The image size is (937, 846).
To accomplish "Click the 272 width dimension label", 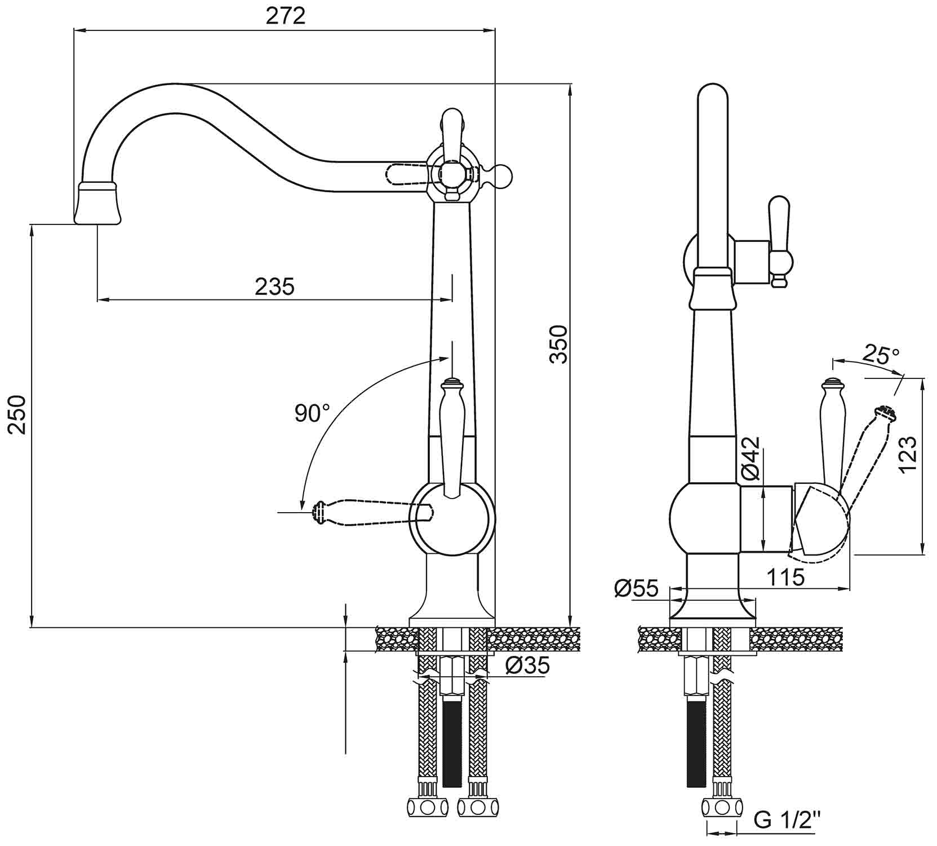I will point(286,16).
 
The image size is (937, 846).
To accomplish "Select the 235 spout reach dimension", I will point(274,287).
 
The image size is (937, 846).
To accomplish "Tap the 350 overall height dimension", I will point(558,344).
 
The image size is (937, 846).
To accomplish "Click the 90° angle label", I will point(312,413).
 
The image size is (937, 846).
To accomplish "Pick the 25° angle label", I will point(881,355).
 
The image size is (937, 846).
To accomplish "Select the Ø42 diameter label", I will point(751,459).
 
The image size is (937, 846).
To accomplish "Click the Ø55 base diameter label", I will point(636,588).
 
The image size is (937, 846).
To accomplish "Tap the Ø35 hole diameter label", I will point(527,666).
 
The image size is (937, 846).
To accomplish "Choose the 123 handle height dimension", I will point(907,455).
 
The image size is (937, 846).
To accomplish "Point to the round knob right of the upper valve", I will point(503,176).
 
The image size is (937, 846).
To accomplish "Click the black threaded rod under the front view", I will point(452,742).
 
